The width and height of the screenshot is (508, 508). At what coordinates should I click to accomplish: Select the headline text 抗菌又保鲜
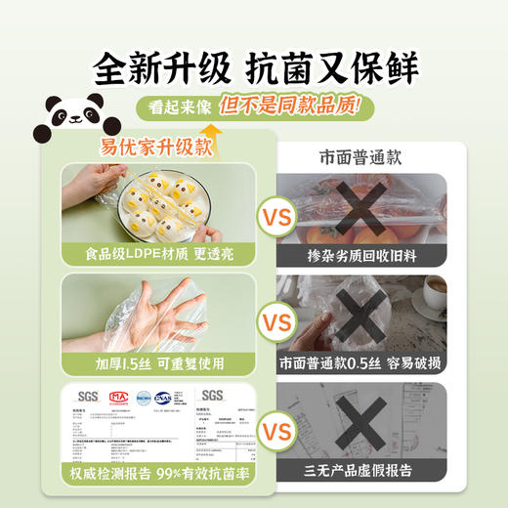coord(333,68)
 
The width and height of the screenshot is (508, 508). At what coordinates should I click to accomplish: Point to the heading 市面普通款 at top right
coord(360,156)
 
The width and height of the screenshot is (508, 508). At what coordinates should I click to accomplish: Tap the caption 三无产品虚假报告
coord(360,475)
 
